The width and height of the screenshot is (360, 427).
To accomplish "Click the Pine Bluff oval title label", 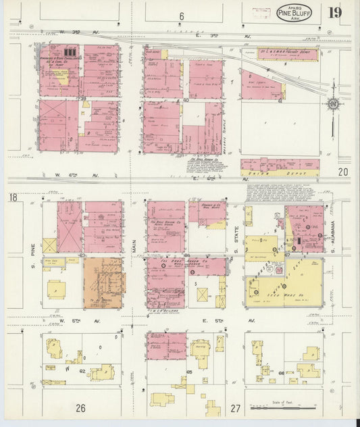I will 294,12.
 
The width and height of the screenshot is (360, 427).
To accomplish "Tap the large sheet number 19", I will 335,13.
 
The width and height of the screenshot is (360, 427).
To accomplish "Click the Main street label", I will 134,250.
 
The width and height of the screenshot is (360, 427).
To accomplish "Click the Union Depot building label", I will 278,170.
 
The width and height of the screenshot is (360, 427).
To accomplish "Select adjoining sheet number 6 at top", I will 181,16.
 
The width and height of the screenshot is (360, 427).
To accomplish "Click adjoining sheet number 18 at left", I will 13,197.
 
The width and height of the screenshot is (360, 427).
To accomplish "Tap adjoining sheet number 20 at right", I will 343,172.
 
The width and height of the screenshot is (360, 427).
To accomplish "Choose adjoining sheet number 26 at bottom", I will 81,407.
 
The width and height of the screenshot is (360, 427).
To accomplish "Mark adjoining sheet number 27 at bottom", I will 235,408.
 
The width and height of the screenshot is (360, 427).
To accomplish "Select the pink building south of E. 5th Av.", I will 166,345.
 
